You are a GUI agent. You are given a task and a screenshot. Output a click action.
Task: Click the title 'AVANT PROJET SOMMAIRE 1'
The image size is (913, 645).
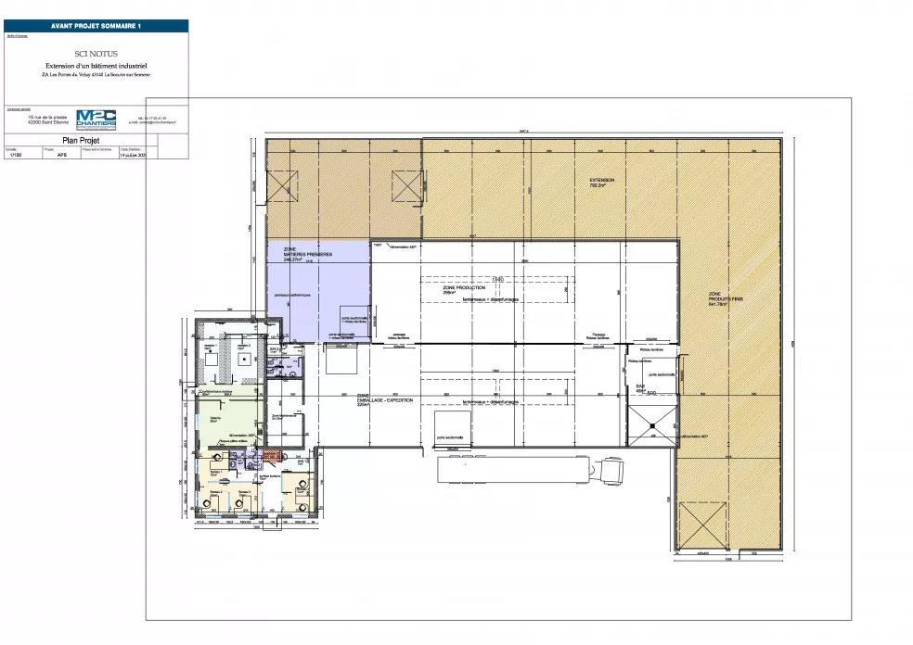point(96,26)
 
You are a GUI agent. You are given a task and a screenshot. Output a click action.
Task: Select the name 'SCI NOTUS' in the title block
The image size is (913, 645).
point(96,57)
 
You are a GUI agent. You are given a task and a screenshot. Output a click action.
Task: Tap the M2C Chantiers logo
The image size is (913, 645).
point(96,119)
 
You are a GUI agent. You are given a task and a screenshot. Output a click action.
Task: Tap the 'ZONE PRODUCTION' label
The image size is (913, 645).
point(464,289)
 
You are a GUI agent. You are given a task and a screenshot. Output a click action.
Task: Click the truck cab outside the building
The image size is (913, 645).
point(613,470)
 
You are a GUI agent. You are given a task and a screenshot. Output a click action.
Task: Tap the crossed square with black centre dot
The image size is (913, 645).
point(653,424)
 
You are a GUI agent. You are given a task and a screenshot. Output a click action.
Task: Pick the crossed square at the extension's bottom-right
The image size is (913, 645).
point(701,525)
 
